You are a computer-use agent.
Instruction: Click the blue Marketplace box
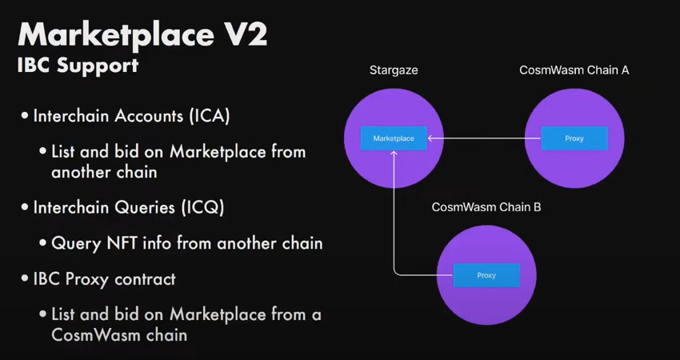coord(394,138)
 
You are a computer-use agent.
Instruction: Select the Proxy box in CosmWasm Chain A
coord(574,138)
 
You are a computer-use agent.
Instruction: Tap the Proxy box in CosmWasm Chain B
coord(486,275)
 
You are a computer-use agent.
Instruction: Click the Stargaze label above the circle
coord(394,70)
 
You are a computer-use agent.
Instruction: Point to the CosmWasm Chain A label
coord(574,70)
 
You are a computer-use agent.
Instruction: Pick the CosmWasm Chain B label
coord(486,207)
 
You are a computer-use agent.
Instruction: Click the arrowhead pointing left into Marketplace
coord(431,138)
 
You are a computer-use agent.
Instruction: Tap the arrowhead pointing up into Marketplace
coord(394,154)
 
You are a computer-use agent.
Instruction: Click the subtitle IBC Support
coord(78,66)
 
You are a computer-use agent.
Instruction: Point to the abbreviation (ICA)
coord(210,116)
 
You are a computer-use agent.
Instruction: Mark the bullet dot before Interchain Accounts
coord(26,117)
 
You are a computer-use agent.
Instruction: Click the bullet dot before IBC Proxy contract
coord(26,280)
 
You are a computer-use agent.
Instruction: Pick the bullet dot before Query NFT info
coord(43,243)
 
